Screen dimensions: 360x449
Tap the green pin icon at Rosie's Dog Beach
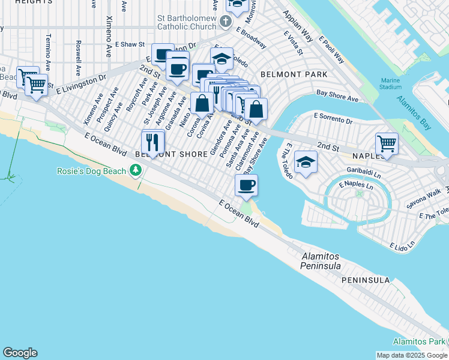tap(136, 172)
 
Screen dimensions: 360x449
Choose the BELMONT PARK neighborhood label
tap(294, 74)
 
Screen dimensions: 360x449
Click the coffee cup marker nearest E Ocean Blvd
tap(246, 185)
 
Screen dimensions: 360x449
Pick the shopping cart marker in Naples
tap(387, 144)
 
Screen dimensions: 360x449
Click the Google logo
tap(20, 353)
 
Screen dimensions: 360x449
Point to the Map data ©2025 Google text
tap(411, 355)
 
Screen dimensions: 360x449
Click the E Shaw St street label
tap(131, 44)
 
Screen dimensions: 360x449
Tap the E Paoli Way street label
tap(331, 50)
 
